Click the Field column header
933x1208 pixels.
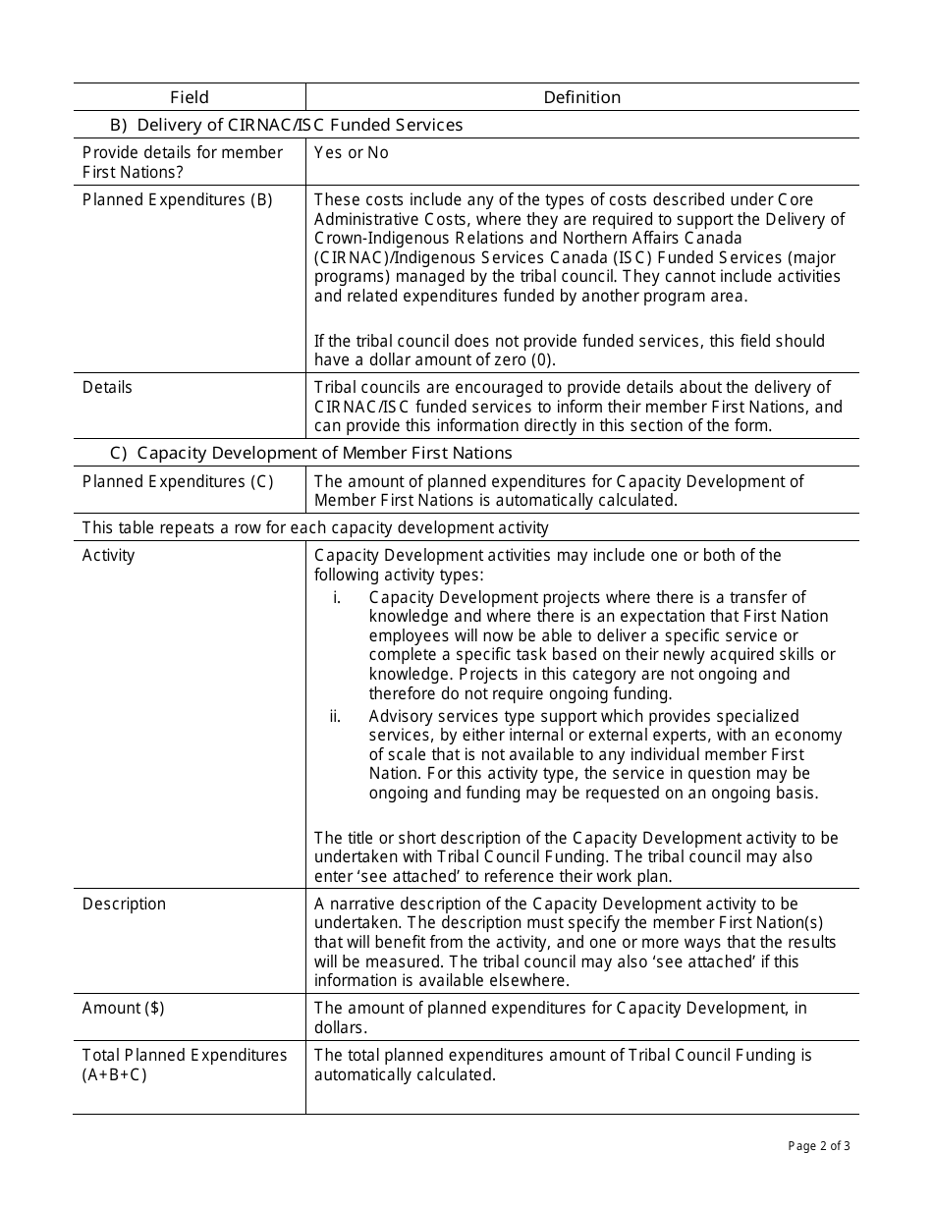pyautogui.click(x=190, y=97)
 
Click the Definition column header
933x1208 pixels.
pyautogui.click(x=582, y=97)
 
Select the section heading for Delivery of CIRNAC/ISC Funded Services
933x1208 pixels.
pyautogui.click(x=286, y=125)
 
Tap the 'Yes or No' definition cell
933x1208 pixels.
pyautogui.click(x=352, y=152)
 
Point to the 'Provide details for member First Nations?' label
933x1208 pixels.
pyautogui.click(x=182, y=162)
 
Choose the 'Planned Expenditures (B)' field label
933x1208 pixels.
pyautogui.click(x=178, y=199)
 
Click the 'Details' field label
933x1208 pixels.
pyautogui.click(x=107, y=387)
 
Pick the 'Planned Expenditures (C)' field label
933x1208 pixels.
pyautogui.click(x=178, y=481)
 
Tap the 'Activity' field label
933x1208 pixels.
pyautogui.click(x=109, y=555)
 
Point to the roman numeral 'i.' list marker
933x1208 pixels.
pyautogui.click(x=337, y=597)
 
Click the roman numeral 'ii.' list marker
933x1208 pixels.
pyautogui.click(x=336, y=716)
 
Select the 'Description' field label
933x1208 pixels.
pyautogui.click(x=124, y=904)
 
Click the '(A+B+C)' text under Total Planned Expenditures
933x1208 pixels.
pyautogui.click(x=115, y=1074)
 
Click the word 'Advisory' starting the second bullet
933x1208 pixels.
pyautogui.click(x=400, y=716)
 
